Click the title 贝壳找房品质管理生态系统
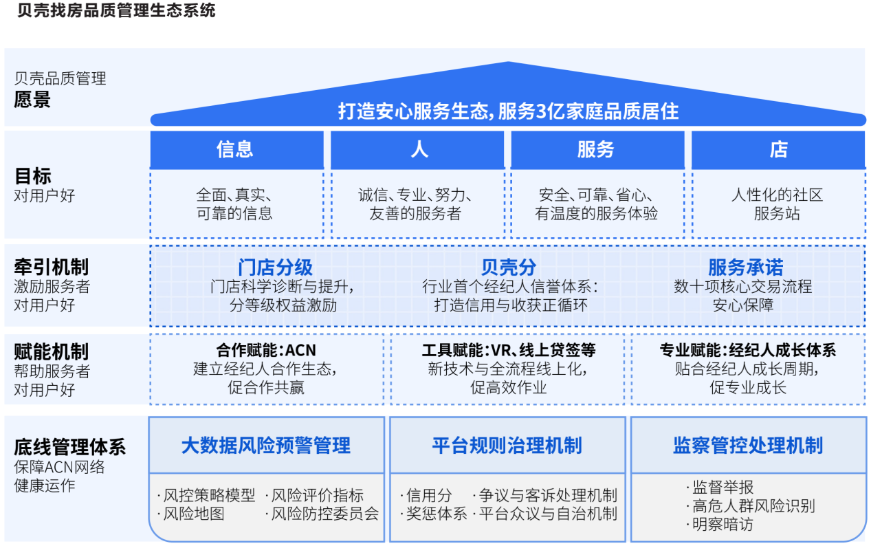click(116, 10)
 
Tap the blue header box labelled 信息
click(236, 150)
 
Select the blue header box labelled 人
click(417, 150)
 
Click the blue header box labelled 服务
click(597, 150)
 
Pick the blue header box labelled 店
click(778, 150)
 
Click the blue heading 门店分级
click(275, 267)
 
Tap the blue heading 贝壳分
click(508, 267)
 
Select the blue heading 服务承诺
click(745, 267)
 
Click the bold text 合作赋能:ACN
click(266, 351)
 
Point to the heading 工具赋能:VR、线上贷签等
click(509, 351)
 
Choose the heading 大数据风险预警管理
click(266, 446)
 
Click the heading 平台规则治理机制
click(507, 446)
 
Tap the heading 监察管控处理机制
click(748, 446)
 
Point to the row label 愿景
click(32, 99)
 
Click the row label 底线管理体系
click(70, 447)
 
